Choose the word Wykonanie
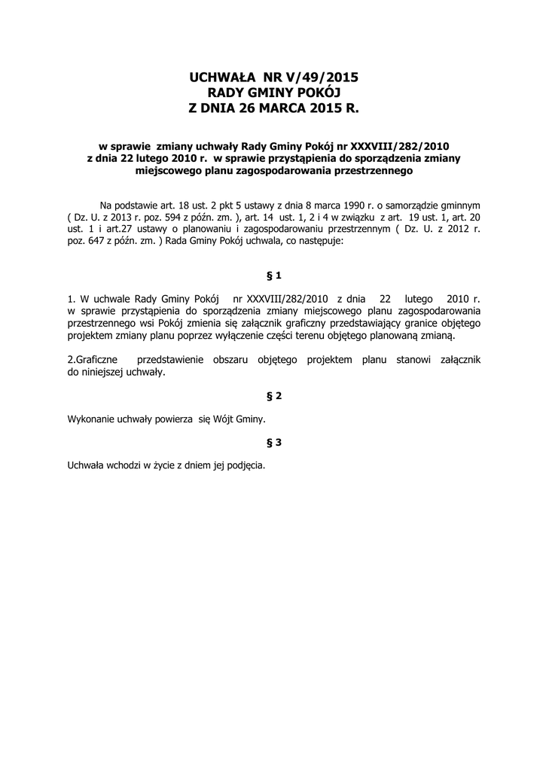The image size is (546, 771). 93,419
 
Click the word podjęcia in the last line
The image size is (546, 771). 246,466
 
